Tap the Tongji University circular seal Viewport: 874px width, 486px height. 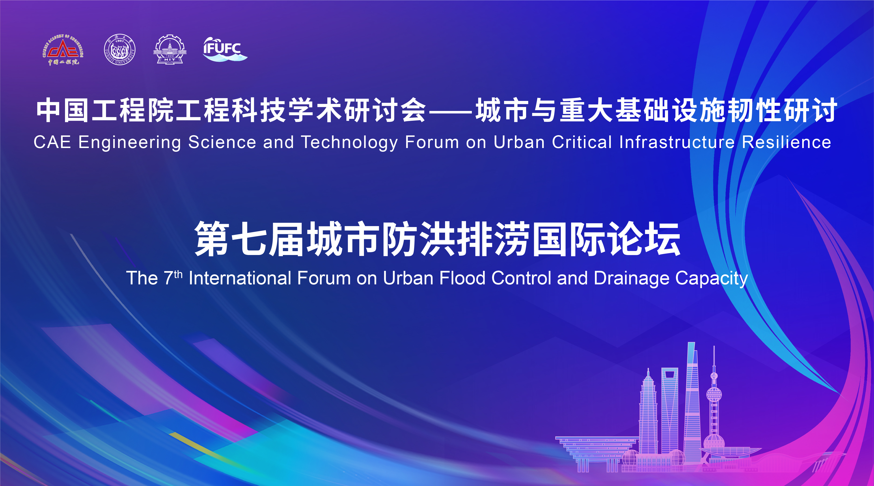coord(120,50)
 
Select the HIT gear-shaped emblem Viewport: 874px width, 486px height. coord(170,50)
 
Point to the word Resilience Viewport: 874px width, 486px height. coord(786,142)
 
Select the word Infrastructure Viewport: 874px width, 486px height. coord(677,142)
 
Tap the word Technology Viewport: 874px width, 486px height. coord(350,142)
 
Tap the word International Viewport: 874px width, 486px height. coord(240,278)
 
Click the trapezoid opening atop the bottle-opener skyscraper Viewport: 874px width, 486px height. coord(669,375)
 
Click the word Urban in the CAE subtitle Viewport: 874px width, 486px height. coord(519,142)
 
